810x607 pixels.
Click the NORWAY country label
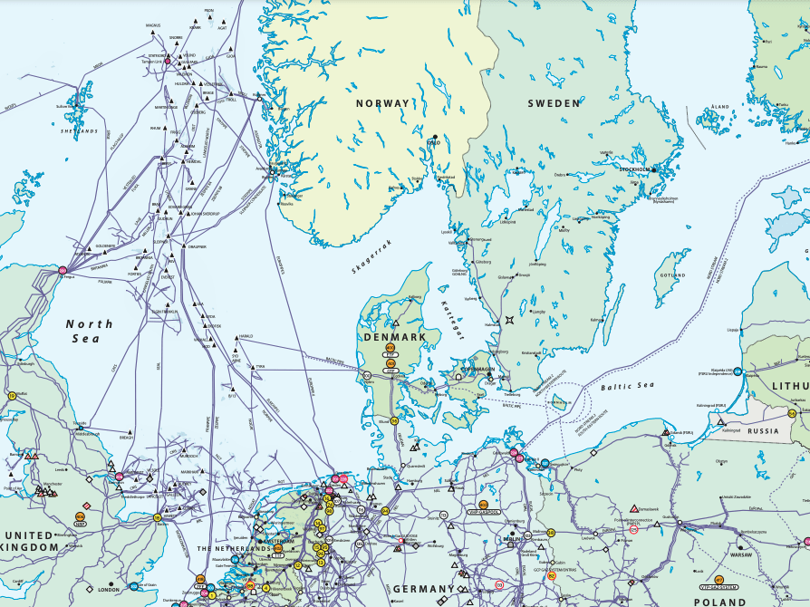[x=382, y=103]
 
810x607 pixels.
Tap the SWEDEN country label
[x=554, y=103]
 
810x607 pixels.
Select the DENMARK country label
[x=394, y=336]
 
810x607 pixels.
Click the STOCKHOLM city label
[x=634, y=169]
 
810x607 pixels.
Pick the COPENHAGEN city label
[x=479, y=370]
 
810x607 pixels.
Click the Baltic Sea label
[x=627, y=387]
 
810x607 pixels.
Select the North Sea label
[x=90, y=331]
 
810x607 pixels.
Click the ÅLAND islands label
[x=719, y=107]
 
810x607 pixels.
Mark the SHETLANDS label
[x=79, y=131]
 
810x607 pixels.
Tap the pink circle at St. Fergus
[x=63, y=270]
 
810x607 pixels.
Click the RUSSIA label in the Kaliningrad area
[x=764, y=431]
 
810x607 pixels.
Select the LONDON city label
[x=109, y=590]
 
